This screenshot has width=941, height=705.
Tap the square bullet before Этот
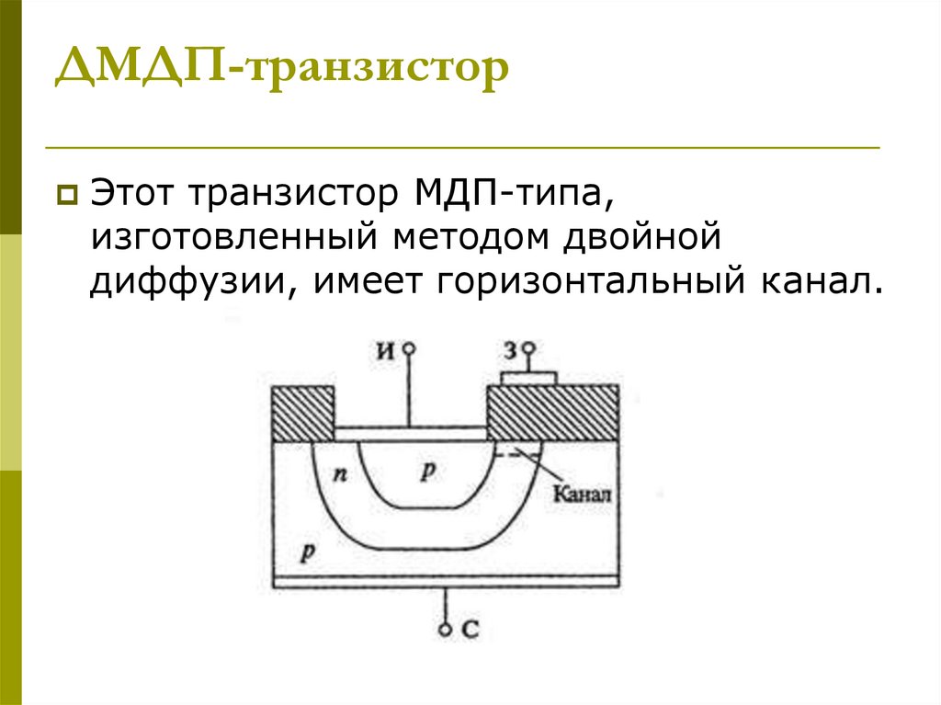(67, 195)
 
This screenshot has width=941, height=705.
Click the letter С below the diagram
(470, 630)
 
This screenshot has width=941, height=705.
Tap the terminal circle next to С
(446, 630)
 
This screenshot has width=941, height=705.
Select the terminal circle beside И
(409, 349)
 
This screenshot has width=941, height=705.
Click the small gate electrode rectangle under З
(528, 378)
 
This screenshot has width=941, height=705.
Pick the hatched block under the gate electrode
(551, 413)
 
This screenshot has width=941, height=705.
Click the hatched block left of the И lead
(302, 413)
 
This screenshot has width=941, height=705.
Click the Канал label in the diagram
(583, 493)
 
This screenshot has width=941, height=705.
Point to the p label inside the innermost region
(427, 472)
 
